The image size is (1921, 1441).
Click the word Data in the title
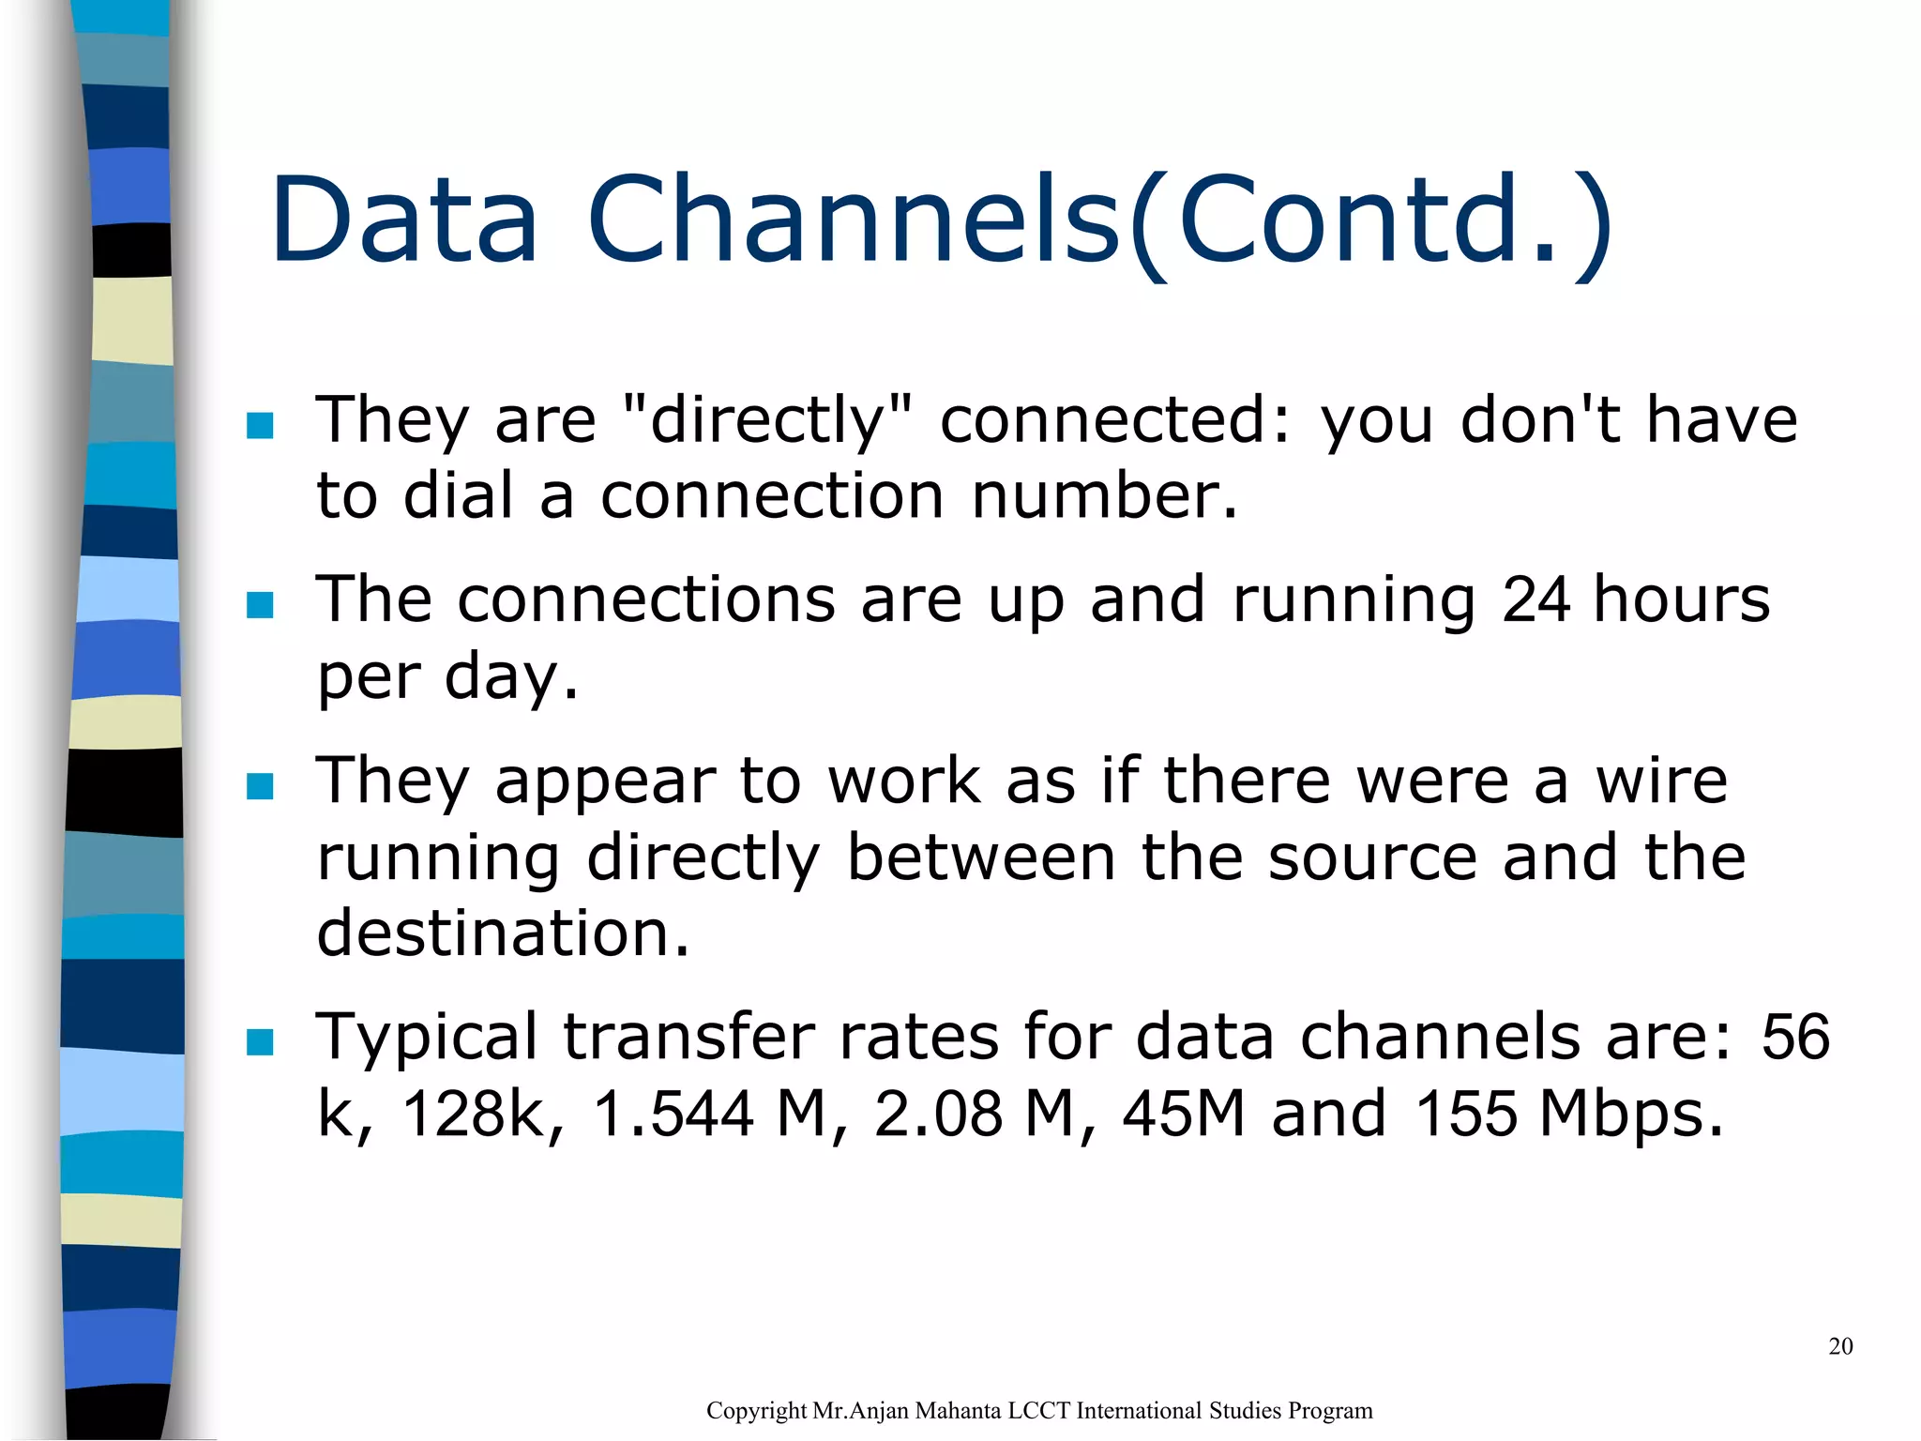coord(405,220)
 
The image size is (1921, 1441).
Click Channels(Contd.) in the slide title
coord(1099,221)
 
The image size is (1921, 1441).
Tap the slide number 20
coord(1840,1346)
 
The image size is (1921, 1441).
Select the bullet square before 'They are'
coord(260,426)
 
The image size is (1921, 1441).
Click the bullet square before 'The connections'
coord(260,605)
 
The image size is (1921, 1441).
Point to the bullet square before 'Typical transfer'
coord(260,1042)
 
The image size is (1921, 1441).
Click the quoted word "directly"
coord(767,419)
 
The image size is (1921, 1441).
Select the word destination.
coord(503,933)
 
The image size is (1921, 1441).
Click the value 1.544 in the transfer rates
coord(673,1114)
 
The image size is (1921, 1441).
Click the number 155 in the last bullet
coord(1465,1114)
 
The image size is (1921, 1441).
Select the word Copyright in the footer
coord(756,1411)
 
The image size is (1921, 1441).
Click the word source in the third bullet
coord(1372,857)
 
